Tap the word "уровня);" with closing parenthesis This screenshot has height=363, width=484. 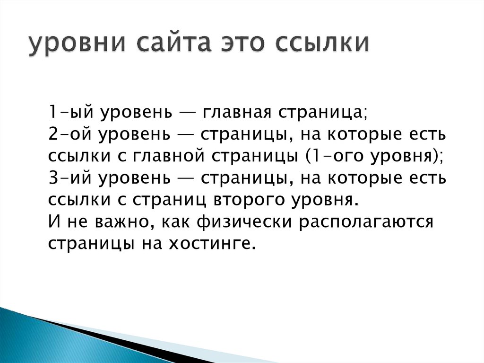pos(405,157)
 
